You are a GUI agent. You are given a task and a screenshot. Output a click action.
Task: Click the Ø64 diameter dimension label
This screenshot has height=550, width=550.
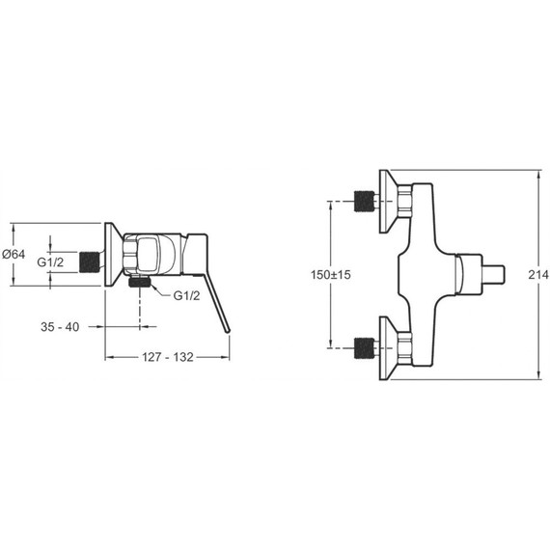14,254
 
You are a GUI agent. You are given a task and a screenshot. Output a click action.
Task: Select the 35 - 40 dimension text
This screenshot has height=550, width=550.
60,327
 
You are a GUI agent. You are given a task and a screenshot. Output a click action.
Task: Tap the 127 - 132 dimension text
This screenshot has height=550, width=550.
168,357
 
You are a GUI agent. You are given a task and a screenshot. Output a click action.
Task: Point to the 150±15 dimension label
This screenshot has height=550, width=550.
330,274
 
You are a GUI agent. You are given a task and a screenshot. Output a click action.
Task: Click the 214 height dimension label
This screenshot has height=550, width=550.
538,274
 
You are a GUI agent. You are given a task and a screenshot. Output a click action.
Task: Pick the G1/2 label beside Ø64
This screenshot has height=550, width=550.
50,262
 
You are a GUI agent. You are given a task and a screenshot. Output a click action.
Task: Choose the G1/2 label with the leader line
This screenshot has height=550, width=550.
186,296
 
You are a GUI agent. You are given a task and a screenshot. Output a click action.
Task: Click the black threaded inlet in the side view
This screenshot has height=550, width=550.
89,262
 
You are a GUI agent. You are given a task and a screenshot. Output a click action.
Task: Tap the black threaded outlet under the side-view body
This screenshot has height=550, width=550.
140,282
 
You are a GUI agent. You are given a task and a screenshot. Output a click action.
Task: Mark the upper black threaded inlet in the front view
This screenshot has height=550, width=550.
364,201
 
